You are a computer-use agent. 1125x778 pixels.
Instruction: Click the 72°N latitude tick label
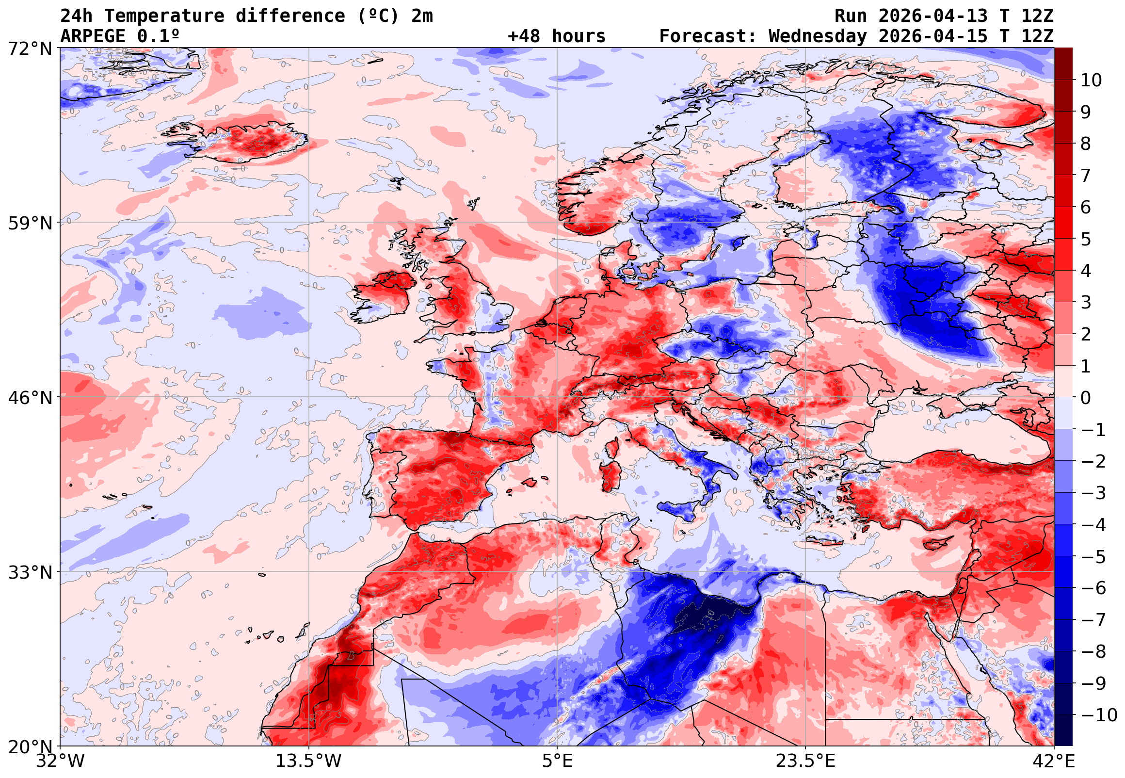[30, 49]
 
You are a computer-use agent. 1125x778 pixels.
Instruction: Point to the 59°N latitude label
[30, 223]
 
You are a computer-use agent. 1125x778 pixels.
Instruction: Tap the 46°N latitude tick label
[30, 398]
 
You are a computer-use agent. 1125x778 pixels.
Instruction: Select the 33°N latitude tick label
[30, 572]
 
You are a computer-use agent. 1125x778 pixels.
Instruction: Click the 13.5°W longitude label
[308, 761]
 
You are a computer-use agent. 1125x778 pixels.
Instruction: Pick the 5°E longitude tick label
[557, 761]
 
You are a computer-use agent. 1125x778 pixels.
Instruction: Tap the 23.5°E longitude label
[805, 761]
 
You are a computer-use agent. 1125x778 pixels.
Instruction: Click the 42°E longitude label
[1054, 761]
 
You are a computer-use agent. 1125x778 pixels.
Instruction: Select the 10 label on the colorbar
[1091, 81]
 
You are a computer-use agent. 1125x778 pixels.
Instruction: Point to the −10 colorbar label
[1099, 715]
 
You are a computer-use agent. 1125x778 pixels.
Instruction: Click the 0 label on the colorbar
[1086, 398]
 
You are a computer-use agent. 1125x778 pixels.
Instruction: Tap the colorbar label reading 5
[1086, 239]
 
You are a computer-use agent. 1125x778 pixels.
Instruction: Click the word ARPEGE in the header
[93, 36]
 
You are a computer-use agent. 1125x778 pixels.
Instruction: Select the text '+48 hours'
[556, 36]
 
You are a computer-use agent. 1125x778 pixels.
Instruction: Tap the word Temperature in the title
[164, 16]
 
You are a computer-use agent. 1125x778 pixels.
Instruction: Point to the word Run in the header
[850, 16]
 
